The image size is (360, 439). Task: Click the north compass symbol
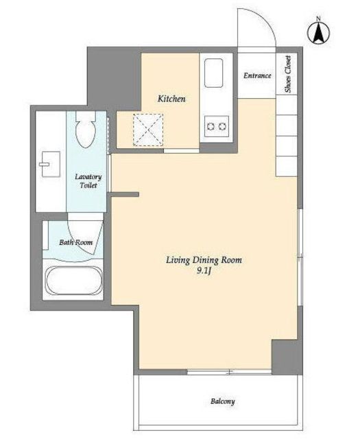319,32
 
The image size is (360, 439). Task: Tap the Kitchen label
171,99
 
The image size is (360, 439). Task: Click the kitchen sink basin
213,73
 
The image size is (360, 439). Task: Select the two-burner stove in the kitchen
217,126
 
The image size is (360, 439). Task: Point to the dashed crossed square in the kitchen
148,130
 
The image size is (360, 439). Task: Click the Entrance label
257,75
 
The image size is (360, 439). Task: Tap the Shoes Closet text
288,74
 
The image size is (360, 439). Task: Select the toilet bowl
86,130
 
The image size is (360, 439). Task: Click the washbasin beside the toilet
51,164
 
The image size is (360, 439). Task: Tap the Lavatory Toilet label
88,181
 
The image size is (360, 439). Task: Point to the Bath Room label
75,242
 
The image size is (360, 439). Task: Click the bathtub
73,281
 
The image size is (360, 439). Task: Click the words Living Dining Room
204,260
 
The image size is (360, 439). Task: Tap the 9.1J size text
204,271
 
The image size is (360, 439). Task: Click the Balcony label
223,401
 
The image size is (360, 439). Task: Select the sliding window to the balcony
229,372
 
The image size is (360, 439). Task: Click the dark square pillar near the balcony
287,357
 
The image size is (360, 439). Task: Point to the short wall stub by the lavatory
125,194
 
